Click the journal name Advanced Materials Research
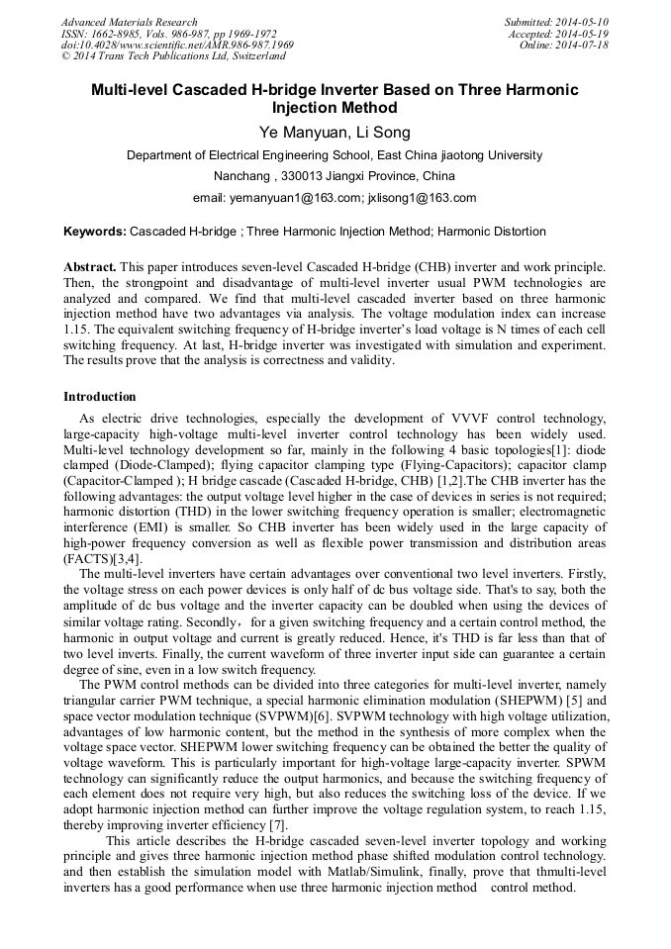coord(129,22)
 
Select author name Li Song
coord(381,133)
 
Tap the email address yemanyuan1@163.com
coord(295,198)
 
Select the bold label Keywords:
coord(95,232)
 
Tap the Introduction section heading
coord(100,397)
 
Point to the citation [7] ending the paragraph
coord(278,825)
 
